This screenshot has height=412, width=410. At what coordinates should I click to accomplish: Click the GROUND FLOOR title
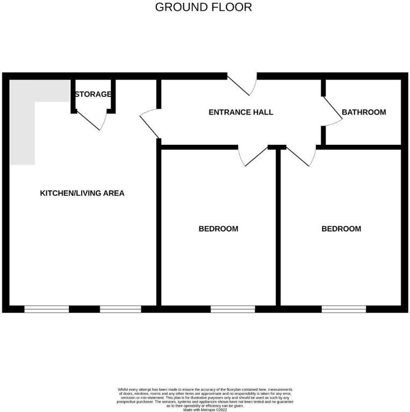[203, 8]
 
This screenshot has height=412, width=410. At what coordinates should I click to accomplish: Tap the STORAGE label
[93, 94]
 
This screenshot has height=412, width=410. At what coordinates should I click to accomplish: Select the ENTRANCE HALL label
[241, 112]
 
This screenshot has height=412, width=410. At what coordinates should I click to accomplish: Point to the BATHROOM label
[364, 112]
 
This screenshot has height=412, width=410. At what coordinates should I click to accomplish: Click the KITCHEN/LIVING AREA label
[82, 193]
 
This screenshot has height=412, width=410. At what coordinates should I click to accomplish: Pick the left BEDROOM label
[218, 229]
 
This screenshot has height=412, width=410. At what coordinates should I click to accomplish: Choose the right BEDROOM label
[341, 229]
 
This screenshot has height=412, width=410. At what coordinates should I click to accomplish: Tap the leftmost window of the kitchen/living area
[47, 308]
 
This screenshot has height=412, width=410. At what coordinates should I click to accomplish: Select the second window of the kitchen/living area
[120, 308]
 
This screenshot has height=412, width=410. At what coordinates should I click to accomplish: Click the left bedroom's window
[232, 308]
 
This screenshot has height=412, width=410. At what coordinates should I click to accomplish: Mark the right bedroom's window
[344, 308]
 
